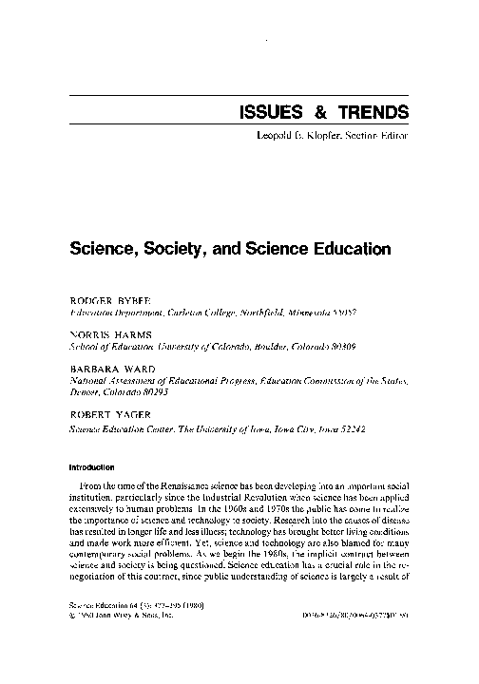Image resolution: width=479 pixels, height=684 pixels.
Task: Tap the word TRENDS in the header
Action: coord(372,112)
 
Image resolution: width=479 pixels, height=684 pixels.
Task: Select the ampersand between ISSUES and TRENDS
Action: coord(320,112)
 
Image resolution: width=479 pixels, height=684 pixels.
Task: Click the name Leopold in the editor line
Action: coord(278,136)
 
